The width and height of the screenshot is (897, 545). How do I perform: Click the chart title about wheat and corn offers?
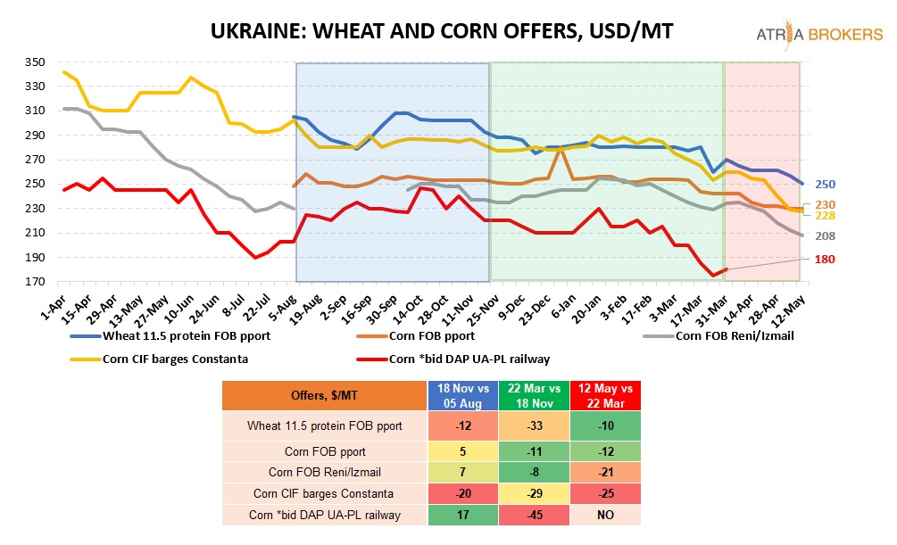[441, 32]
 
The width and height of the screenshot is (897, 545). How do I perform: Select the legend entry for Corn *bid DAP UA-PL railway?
[464, 359]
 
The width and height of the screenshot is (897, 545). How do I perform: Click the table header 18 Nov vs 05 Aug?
[461, 394]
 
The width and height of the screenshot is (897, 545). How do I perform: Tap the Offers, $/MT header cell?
[325, 395]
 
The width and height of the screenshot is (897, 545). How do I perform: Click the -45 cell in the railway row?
[533, 514]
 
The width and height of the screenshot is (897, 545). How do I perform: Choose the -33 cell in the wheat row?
[533, 425]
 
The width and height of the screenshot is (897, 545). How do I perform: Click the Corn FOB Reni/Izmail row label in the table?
[325, 470]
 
